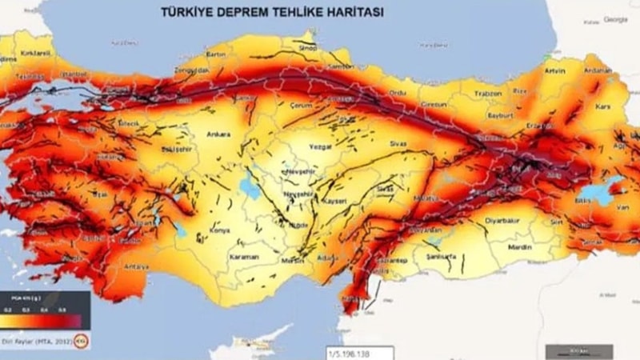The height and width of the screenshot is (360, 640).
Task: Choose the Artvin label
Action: coord(554,71)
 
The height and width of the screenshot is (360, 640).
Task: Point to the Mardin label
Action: coord(519,247)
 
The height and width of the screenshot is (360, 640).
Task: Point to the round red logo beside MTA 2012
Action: coord(81,342)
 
